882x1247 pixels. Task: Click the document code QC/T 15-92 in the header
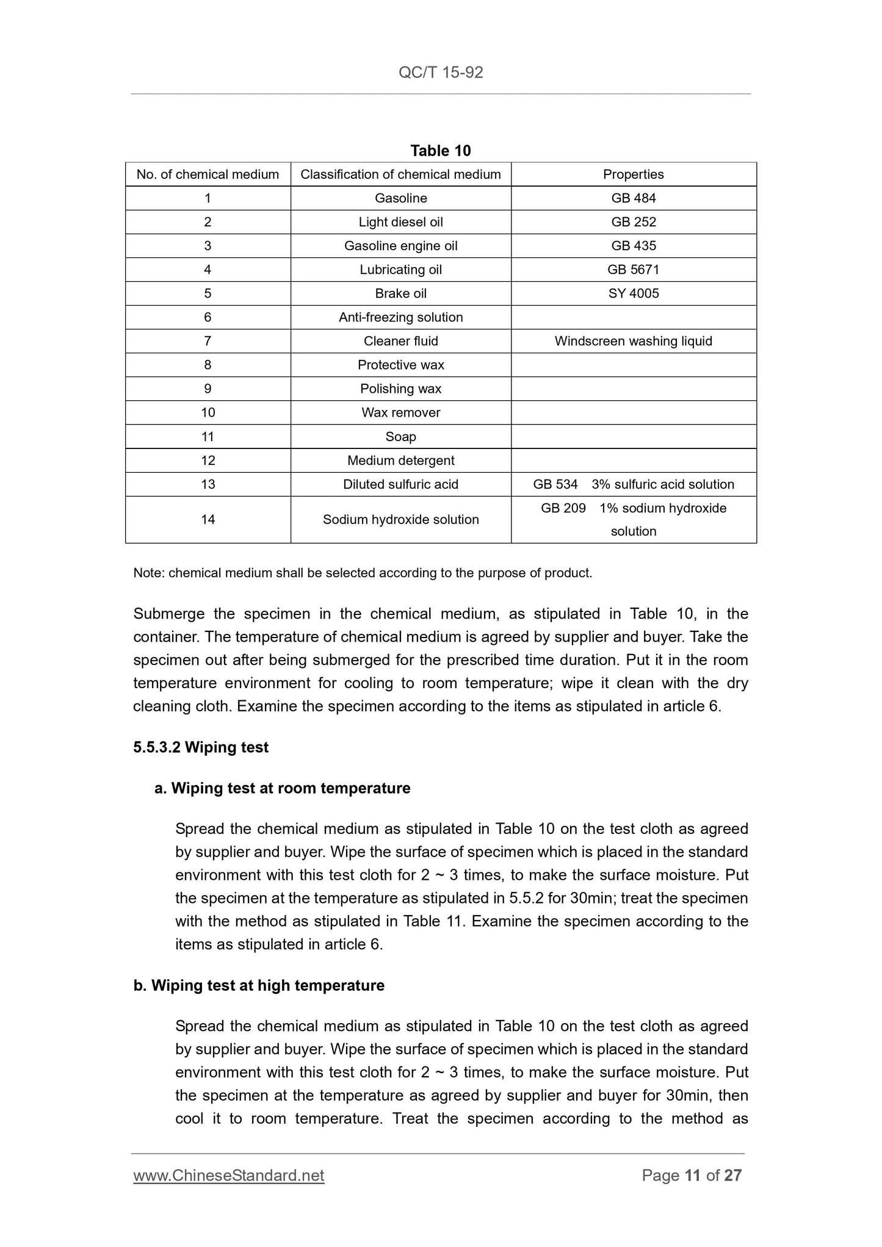click(441, 73)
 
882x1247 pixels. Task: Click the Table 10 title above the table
click(441, 151)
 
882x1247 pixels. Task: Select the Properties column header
click(633, 174)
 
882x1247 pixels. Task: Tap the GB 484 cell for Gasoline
click(633, 198)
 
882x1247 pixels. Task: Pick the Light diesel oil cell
click(400, 222)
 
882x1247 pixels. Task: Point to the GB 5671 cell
click(633, 270)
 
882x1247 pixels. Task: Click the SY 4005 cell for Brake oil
click(633, 293)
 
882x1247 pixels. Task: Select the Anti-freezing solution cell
click(400, 317)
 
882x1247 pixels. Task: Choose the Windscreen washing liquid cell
click(633, 341)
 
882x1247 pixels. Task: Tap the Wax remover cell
click(400, 412)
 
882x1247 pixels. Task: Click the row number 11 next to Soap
click(208, 437)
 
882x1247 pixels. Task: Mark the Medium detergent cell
click(400, 461)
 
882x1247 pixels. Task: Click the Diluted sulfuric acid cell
click(400, 484)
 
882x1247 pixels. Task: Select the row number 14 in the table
click(208, 519)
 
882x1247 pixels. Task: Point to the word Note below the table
click(148, 573)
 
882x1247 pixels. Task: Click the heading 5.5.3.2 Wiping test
click(201, 747)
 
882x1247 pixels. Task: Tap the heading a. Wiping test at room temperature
click(282, 788)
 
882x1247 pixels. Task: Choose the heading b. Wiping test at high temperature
click(259, 985)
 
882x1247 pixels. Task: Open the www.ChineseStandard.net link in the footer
click(229, 1175)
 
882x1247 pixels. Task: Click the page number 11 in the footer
click(692, 1175)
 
